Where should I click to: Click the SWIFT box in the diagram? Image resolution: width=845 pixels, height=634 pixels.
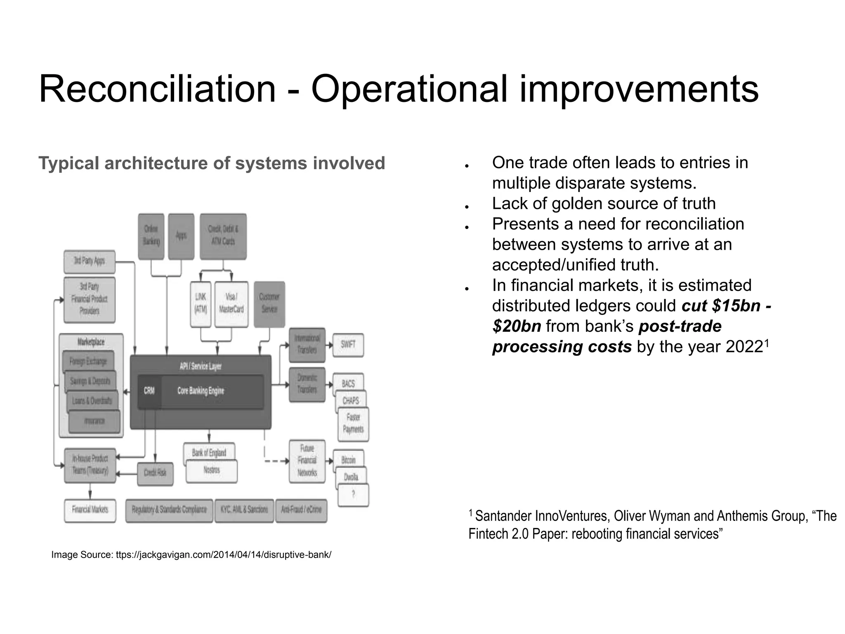pos(348,345)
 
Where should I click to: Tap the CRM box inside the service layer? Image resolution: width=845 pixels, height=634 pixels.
pos(149,391)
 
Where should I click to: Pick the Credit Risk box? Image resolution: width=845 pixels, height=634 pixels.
pos(155,473)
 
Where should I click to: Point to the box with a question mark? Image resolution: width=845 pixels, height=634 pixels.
pos(353,495)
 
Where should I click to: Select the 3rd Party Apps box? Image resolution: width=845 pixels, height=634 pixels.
pos(90,261)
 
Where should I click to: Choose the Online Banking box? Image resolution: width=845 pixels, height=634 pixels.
pos(151,236)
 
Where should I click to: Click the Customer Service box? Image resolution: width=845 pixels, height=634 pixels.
pos(269,304)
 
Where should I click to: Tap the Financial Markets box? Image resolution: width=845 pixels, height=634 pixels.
pos(90,510)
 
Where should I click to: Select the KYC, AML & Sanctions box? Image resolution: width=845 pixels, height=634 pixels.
pos(244,510)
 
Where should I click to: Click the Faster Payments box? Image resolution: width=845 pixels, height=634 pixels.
pos(353,424)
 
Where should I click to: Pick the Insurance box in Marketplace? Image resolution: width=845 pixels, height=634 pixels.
pos(94,421)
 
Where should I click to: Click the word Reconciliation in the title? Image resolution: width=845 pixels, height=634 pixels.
pos(157,89)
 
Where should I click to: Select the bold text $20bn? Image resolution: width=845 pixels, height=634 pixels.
pos(517,326)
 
